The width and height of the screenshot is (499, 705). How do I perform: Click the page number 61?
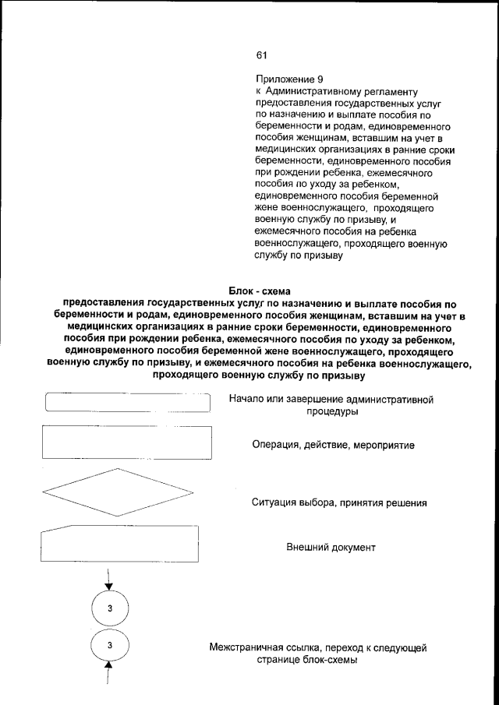(x=261, y=55)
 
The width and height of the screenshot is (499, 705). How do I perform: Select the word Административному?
(x=310, y=91)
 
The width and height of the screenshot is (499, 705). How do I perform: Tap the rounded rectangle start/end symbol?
(x=129, y=403)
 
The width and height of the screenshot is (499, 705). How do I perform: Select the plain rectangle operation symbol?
(x=129, y=442)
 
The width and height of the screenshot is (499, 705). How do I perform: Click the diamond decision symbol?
(x=119, y=492)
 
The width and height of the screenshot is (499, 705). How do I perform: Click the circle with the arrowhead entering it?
(x=110, y=608)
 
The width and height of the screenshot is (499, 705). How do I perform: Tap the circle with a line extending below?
(x=110, y=646)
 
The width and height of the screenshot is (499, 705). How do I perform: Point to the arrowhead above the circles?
(x=110, y=586)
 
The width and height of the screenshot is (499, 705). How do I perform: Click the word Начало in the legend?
(x=248, y=400)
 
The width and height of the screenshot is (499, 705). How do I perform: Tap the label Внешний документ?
(x=331, y=548)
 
